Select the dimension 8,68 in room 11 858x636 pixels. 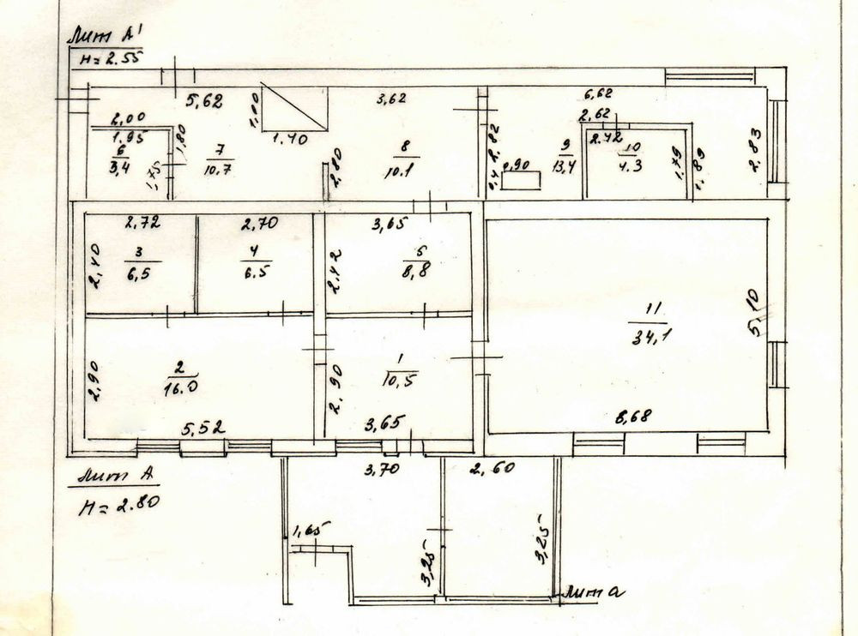(x=633, y=417)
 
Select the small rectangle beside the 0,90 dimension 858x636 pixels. (x=521, y=180)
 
